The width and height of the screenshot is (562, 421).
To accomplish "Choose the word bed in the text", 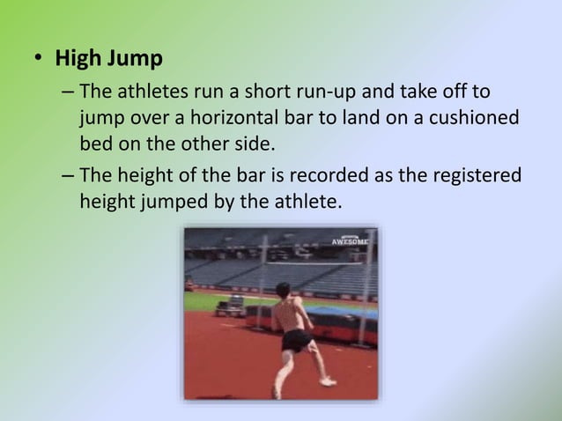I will [95, 144].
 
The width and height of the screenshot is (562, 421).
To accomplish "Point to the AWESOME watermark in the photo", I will [350, 240].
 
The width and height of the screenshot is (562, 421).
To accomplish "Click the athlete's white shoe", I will [328, 381].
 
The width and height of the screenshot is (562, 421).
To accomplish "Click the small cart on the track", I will [231, 307].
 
